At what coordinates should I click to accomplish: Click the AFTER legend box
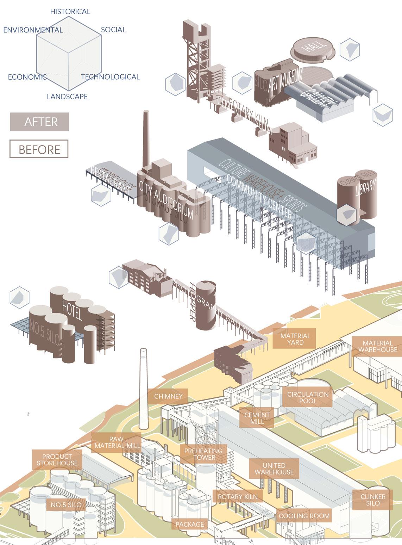coord(39,122)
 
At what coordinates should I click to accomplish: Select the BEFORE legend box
coord(39,149)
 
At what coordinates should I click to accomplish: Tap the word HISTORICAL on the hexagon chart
coord(70,12)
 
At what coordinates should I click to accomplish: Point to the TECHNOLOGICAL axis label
coord(110,77)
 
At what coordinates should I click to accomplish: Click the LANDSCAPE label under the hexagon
coord(67,96)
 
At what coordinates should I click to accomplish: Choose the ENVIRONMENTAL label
coord(33,30)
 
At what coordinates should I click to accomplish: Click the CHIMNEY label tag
coord(168,396)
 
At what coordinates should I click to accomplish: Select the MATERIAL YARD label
coord(295,339)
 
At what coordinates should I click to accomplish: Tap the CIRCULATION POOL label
coord(308,397)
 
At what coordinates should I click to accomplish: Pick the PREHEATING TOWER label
coord(203,454)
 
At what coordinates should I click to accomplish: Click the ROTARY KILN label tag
coord(238,497)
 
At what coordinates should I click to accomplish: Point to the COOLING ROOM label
coord(304,516)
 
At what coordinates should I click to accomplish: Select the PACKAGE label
coord(190,524)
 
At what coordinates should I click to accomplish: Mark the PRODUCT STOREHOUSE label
coord(57,460)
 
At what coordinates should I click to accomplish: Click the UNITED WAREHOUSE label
coord(274,469)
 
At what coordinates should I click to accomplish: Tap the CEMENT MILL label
coord(257,418)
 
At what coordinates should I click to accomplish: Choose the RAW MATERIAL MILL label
coord(117,442)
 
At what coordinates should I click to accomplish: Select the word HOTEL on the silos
coord(72,309)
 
